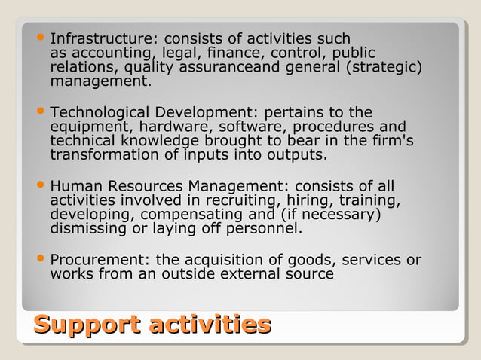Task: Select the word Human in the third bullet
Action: coord(72,185)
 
